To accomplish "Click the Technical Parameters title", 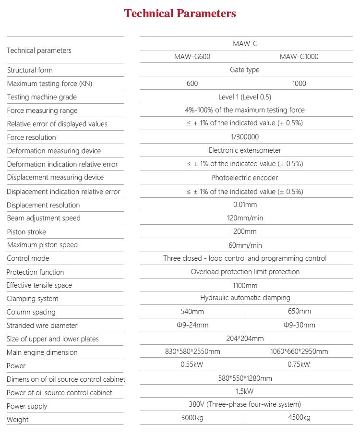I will [180, 13].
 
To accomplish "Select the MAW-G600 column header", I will [192, 57].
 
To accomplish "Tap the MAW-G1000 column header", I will [299, 57].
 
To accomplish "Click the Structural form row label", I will [30, 70].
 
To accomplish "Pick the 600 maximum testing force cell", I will [192, 84].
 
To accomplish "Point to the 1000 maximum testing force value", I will [299, 84].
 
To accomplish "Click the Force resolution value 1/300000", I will [245, 137].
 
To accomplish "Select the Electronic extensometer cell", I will [245, 150].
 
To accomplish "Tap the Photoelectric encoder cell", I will [245, 178].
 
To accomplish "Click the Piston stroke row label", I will [26, 232].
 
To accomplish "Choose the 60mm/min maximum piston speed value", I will [245, 245].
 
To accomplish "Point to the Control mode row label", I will [28, 258].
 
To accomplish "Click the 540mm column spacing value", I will [192, 312].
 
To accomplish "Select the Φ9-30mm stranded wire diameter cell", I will [299, 325].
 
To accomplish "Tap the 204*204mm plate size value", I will [245, 339].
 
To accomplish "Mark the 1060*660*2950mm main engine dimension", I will [299, 352].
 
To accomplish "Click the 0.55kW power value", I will [192, 364].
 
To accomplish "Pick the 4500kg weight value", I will [299, 417].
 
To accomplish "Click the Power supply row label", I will [27, 406].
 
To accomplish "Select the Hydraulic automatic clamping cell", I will [245, 298].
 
